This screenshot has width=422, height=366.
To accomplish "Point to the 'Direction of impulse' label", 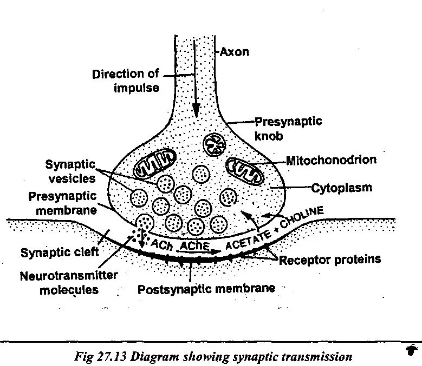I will (x=125, y=80).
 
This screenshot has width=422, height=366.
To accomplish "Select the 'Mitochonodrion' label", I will (x=330, y=161).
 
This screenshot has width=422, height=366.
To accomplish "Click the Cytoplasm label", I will (x=341, y=188).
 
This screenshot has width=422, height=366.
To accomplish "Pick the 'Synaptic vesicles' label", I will (x=70, y=170).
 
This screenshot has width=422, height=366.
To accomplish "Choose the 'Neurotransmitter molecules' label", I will (x=69, y=282).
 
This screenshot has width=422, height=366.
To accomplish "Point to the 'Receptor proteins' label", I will (x=329, y=259).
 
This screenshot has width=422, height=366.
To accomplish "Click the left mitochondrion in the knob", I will (x=155, y=163).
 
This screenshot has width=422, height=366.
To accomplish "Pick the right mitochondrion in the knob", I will (x=244, y=170).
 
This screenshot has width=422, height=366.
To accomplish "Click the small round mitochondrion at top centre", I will (x=216, y=144).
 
